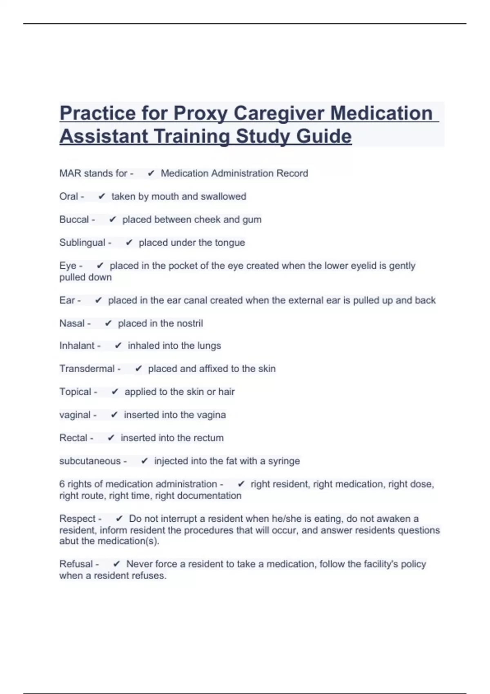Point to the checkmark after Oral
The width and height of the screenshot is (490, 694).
click(x=102, y=196)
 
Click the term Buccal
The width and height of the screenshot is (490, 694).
click(x=74, y=219)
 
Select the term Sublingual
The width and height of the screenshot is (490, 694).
click(x=82, y=242)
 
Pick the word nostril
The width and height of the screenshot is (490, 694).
click(x=189, y=323)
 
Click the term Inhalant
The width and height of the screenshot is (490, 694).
click(x=77, y=345)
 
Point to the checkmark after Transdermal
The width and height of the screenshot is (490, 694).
click(x=138, y=369)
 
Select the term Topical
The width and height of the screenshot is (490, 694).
click(x=75, y=391)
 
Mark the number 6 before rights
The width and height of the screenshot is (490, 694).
click(x=62, y=484)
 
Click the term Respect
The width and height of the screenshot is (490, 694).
click(x=77, y=518)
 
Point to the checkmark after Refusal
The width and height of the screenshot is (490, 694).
click(x=116, y=564)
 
